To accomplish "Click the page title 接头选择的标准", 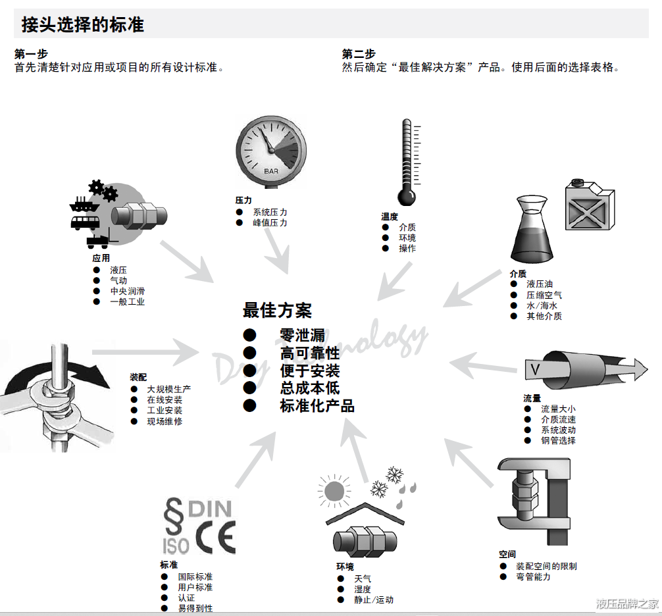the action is point(83,24).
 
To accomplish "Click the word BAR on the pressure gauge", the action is point(271,171).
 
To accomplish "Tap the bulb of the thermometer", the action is point(407,197).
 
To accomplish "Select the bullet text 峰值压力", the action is point(270,222).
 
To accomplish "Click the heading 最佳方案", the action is point(278,311).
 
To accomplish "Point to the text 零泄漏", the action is point(303,335).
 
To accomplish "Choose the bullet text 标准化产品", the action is point(317,406).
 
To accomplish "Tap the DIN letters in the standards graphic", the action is point(210,509).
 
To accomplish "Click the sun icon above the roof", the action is point(334,491).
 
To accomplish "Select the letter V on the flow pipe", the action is point(535,369).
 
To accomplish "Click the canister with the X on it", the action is point(590,205).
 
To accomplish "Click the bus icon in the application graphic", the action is point(86,222).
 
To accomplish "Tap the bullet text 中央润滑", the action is point(128,291).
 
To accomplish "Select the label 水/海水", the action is point(542,305).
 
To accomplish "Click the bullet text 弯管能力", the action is point(533,577).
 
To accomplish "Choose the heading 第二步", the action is point(359,54).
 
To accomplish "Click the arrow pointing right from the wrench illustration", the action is point(145,351).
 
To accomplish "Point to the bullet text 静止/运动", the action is point(374,600).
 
